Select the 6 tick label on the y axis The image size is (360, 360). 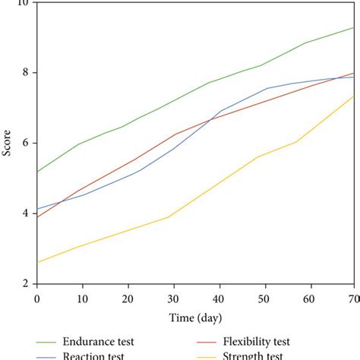pos(25,144)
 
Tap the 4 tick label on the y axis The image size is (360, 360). pos(25,213)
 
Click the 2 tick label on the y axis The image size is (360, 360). pos(25,283)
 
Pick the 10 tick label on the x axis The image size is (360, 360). pos(83,299)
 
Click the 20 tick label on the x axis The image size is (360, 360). pos(128,299)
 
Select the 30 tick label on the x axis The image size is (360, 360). pos(174,299)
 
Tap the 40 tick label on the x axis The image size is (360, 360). pos(219,299)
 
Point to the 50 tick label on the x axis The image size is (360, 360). pos(264,299)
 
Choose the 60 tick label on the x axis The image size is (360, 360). pos(309,299)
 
